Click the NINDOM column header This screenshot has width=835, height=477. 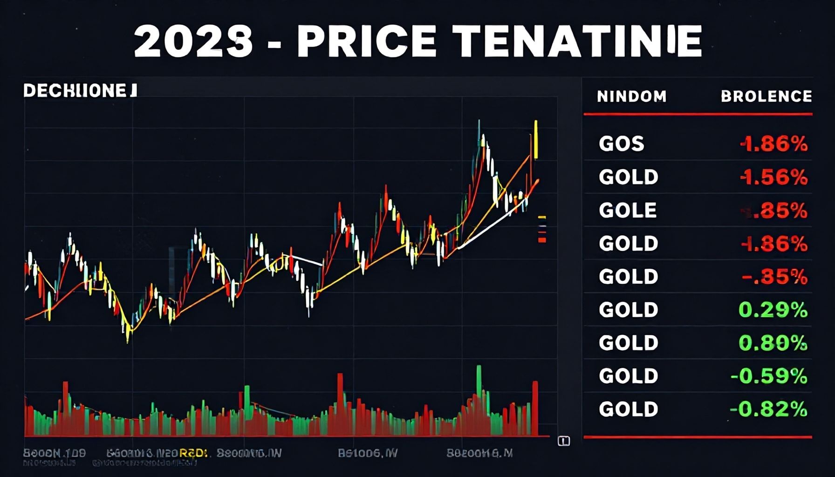(631, 96)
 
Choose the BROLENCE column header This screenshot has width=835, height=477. (766, 96)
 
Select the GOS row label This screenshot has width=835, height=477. (621, 144)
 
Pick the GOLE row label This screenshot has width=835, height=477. (628, 211)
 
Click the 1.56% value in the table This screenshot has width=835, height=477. (773, 177)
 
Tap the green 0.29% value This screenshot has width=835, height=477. (773, 310)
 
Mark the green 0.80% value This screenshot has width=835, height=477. (773, 343)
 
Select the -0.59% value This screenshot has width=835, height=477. (769, 376)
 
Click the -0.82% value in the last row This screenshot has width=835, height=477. (769, 409)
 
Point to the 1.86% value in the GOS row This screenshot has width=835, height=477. (773, 144)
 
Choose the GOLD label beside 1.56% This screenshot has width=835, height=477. (628, 177)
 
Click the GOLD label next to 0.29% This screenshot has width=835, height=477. (628, 310)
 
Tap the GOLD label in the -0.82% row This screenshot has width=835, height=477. (628, 409)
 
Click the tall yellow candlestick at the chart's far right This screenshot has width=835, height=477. (536, 140)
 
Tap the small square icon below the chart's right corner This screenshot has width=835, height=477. (564, 441)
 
